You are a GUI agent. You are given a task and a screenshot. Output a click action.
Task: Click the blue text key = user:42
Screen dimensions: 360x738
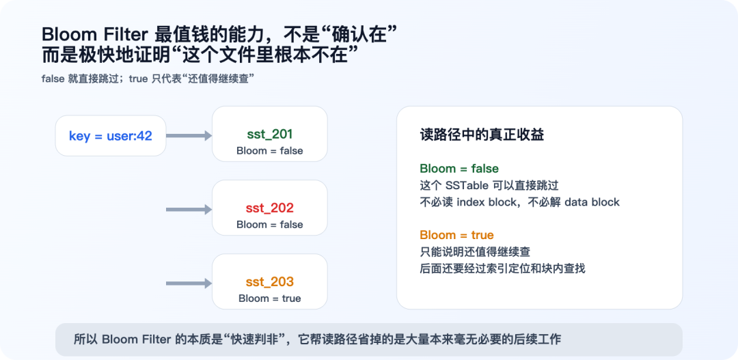point(111,136)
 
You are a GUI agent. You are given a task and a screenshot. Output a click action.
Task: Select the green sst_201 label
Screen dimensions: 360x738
point(270,135)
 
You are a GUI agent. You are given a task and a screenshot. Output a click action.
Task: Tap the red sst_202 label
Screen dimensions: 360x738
point(270,208)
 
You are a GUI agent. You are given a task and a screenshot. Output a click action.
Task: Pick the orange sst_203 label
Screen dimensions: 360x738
point(270,281)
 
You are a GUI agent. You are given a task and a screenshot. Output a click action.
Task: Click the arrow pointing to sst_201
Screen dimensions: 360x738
point(189,136)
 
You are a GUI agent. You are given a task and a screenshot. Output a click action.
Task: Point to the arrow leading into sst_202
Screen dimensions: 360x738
point(189,210)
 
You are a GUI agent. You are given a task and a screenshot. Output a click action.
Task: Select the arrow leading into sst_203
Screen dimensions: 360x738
point(189,283)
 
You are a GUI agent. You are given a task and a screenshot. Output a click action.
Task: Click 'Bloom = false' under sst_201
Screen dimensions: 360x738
point(270,151)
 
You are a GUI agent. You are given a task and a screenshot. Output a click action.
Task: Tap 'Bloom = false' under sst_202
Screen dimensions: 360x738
point(270,225)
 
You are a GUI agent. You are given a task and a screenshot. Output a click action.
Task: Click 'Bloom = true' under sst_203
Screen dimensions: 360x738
point(270,299)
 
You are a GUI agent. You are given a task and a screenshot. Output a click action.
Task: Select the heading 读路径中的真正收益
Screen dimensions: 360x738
point(482,135)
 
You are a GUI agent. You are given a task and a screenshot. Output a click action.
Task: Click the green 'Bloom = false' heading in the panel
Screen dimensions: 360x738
point(459,169)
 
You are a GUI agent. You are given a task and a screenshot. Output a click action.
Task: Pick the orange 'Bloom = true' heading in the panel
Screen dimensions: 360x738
point(456,235)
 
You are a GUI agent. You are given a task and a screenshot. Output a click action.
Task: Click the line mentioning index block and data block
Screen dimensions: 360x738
point(519,202)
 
